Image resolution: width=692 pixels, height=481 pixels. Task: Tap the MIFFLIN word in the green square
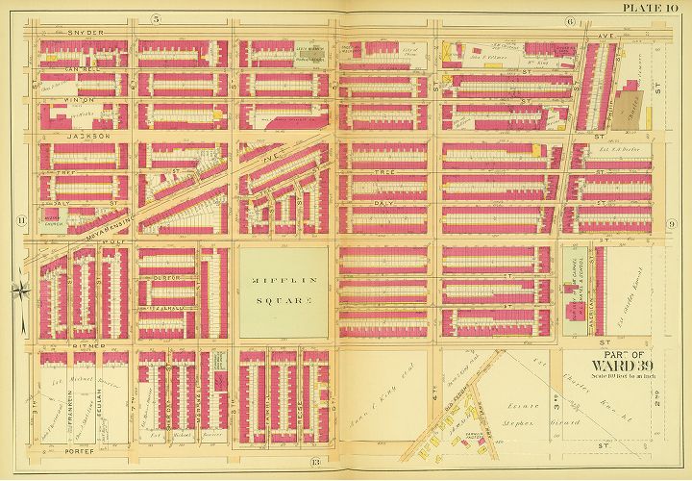tap(283, 282)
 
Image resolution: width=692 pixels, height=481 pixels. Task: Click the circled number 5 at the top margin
tap(157, 20)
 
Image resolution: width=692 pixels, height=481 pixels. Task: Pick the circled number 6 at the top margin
tap(570, 20)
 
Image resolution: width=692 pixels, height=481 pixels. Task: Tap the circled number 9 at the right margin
tap(671, 223)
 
